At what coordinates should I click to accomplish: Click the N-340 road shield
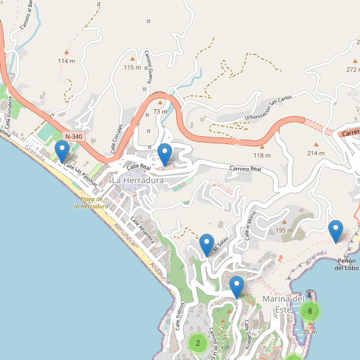(x=74, y=137)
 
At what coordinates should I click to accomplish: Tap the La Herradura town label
(x=138, y=180)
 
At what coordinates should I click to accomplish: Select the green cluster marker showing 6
(x=310, y=311)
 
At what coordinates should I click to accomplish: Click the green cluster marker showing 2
(x=197, y=343)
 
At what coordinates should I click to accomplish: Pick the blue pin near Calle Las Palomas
(x=62, y=151)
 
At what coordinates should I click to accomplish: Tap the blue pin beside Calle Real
(x=164, y=154)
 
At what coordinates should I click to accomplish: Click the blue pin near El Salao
(x=207, y=244)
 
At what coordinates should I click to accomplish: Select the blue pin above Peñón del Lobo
(x=336, y=231)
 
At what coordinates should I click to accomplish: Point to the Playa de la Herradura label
(x=91, y=202)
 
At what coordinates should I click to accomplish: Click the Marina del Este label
(x=283, y=304)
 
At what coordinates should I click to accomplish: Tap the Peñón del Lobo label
(x=347, y=264)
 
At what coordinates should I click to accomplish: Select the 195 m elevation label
(x=284, y=230)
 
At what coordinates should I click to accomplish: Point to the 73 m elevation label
(x=160, y=111)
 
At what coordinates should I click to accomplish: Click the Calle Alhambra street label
(x=146, y=232)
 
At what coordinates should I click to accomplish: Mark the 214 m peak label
(x=316, y=153)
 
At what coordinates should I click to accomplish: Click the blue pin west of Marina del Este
(x=238, y=286)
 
